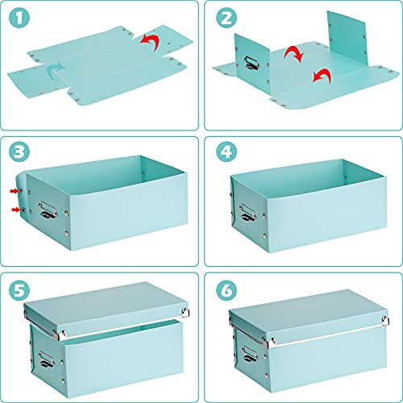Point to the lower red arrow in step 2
click(x=321, y=77)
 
